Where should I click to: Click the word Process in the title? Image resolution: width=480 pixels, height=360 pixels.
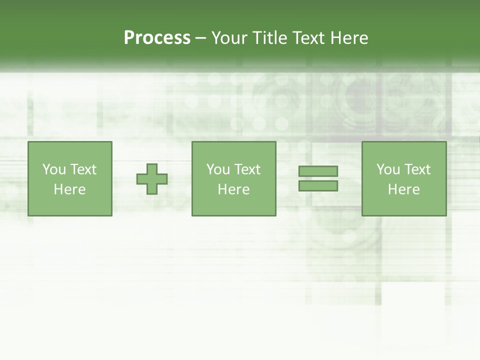pos(157,38)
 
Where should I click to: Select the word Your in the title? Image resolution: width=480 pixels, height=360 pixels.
pos(230,38)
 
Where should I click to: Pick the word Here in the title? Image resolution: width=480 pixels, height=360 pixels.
pos(349,38)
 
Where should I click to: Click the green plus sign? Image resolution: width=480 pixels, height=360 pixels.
pos(152,178)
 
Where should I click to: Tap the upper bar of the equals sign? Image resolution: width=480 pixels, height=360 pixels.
pos(318,171)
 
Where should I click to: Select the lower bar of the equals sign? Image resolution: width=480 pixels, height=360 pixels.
pos(318,185)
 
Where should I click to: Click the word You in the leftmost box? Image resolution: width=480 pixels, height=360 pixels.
pos(54,169)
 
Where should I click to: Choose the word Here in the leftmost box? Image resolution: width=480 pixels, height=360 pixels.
pos(69,189)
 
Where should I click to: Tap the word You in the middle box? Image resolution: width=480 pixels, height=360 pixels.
pos(218,169)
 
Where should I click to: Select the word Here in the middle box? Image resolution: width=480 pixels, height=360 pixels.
pos(233,189)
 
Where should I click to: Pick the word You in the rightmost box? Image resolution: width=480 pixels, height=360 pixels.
pos(388,169)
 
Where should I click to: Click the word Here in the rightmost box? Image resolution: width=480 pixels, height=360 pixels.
pos(403,189)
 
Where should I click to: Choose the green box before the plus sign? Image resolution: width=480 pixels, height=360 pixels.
pos(70,205)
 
